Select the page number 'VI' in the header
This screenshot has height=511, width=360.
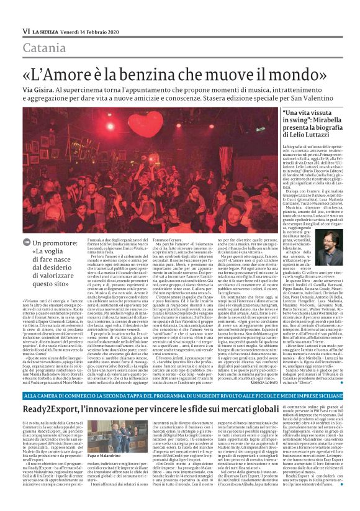[x=26, y=31]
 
